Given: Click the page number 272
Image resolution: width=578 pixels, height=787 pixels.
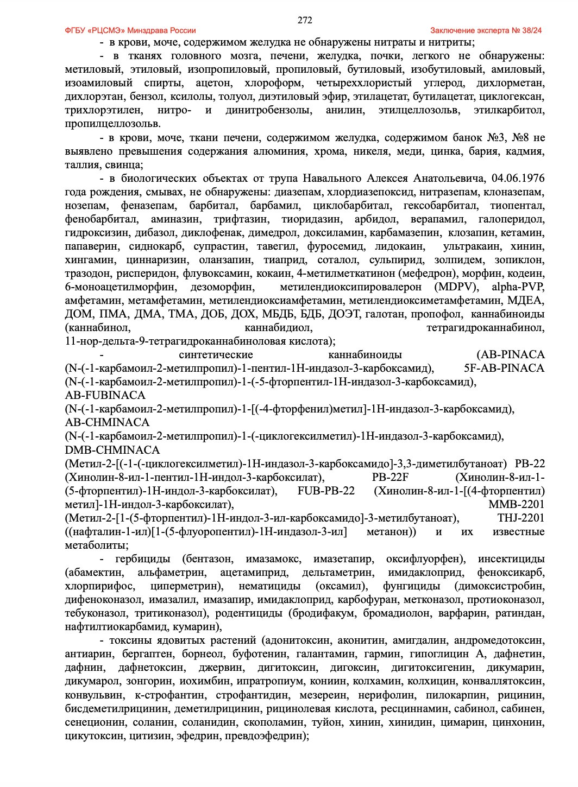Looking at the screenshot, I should click(305, 21).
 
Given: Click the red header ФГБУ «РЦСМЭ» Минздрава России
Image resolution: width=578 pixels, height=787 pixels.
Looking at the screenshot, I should click(130, 30).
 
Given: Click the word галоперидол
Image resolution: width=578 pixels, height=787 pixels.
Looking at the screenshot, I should click(511, 219).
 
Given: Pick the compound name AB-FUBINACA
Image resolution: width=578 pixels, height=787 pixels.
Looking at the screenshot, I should click(105, 395).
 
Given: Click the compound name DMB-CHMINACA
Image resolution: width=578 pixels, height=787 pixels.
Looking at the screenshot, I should click(112, 450).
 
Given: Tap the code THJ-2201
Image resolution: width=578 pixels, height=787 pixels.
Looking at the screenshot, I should click(520, 518).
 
